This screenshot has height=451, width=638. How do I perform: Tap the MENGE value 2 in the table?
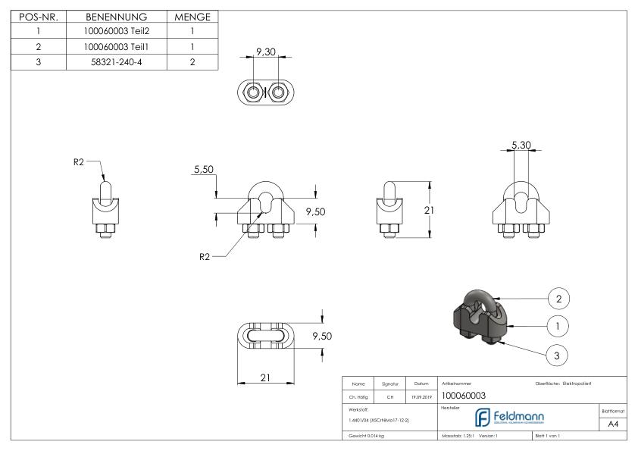coord(192,61)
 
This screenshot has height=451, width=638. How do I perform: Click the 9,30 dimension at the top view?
coord(265,52)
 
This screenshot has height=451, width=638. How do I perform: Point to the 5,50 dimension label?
coord(202,171)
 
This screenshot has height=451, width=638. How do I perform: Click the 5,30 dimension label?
coord(521,144)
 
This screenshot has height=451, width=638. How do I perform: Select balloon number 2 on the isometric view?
coord(558,299)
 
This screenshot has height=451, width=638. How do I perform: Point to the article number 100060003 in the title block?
coord(464,396)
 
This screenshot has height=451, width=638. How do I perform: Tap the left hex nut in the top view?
coord(251,92)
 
